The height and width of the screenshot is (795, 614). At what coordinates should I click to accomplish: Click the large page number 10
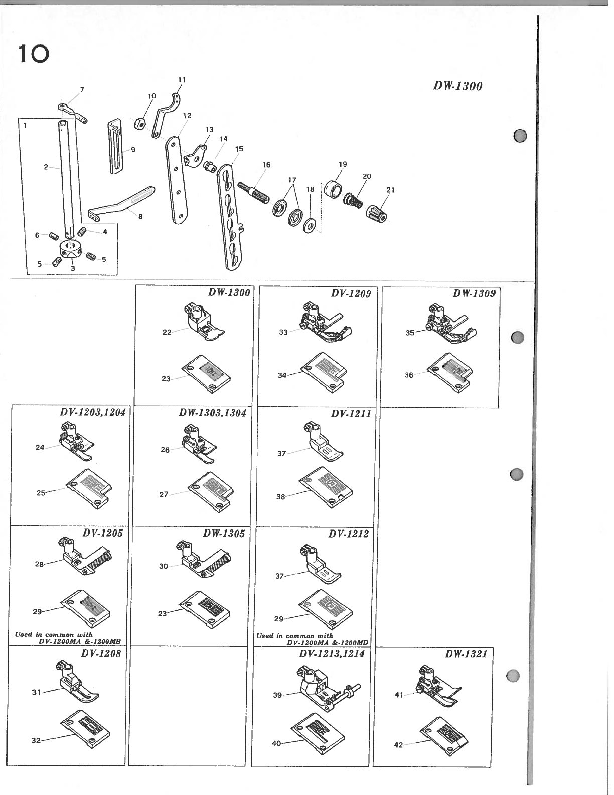click(x=33, y=54)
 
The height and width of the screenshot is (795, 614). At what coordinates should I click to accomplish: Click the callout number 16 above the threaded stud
click(x=266, y=165)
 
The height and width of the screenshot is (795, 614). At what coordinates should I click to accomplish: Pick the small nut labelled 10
click(x=140, y=123)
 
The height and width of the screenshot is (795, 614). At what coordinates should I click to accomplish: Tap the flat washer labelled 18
click(x=310, y=225)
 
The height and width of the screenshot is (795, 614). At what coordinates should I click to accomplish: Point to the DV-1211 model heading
click(x=351, y=414)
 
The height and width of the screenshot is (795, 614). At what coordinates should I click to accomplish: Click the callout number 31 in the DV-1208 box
click(x=36, y=692)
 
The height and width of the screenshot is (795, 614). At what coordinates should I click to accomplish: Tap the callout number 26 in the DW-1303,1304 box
click(x=165, y=450)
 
